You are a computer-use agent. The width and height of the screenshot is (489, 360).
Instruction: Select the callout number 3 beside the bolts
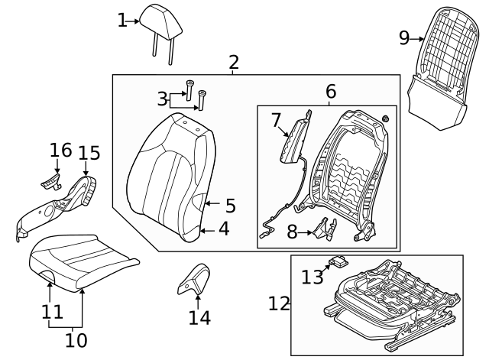pos(162,99)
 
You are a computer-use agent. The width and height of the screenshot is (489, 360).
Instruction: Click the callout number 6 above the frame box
pos(331,92)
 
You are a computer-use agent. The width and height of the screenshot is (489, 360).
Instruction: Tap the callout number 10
pos(76,338)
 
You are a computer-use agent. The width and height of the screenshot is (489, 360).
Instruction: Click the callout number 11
pos(51,312)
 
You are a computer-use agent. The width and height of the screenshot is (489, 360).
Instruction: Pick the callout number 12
pos(280,304)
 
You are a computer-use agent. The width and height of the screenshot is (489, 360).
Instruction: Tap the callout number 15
pos(89,153)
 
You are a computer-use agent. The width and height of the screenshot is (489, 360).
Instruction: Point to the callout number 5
pos(230,206)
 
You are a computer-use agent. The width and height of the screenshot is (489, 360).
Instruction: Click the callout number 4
pos(224,228)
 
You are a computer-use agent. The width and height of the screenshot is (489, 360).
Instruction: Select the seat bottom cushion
pos(83,261)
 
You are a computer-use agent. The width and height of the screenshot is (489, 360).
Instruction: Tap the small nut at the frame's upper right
pos(385,118)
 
